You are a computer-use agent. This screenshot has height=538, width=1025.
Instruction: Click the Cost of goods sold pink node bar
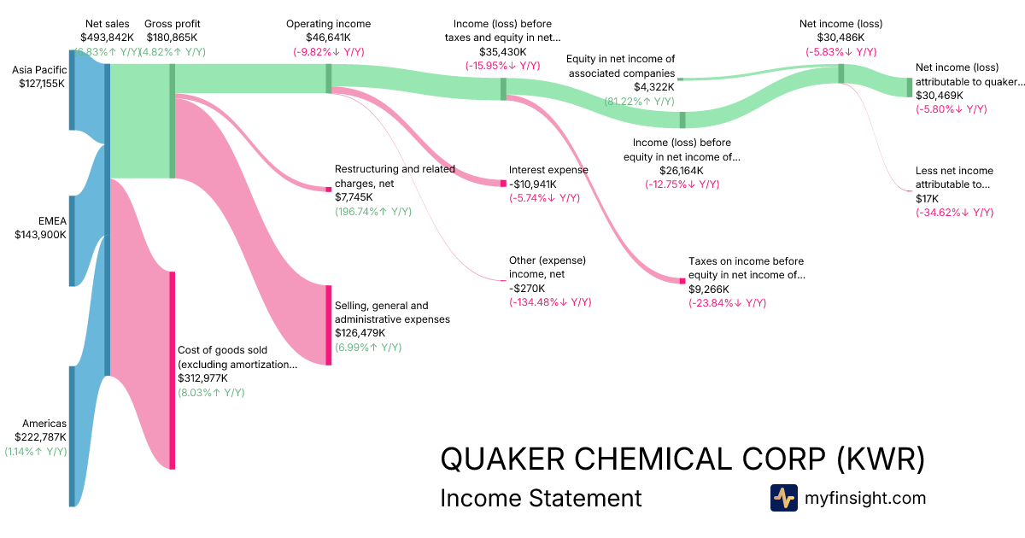point(172,370)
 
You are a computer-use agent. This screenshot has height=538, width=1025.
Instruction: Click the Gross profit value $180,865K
point(173,38)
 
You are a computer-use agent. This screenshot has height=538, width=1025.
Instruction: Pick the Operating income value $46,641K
point(328,38)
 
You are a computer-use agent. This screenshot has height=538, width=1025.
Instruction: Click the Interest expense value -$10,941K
point(532,184)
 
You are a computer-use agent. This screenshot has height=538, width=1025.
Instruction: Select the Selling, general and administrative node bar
point(328,325)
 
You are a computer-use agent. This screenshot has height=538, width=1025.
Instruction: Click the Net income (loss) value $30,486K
point(840,38)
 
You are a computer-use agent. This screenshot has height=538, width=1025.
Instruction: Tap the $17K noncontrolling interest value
point(928,198)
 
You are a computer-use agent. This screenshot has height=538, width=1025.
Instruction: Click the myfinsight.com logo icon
point(783,498)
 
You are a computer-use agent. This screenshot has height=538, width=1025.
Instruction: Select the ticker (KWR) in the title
point(880,459)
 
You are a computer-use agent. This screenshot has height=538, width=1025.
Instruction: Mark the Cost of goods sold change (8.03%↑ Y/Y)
point(211,392)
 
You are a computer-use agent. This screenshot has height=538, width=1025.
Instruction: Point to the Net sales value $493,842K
point(107,38)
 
